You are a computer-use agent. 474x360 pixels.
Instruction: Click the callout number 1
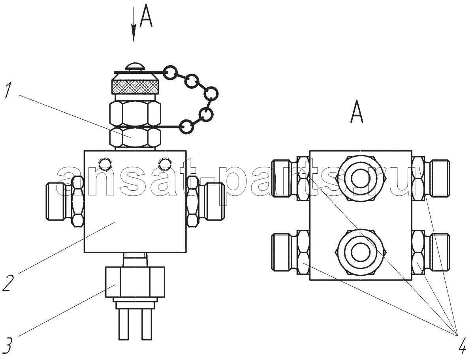(x=8, y=90)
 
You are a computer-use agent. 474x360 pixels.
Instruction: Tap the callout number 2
(x=8, y=282)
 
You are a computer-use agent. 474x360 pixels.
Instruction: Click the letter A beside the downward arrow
(x=146, y=15)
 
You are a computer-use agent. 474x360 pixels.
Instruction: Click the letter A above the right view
(x=357, y=111)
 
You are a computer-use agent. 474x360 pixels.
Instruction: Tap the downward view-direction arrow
(x=134, y=24)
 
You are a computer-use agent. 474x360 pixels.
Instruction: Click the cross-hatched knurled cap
(x=135, y=87)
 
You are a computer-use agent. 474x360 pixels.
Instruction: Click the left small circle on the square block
(x=105, y=164)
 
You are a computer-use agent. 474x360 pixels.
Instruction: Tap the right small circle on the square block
(x=165, y=164)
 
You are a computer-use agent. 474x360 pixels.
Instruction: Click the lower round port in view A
(x=361, y=252)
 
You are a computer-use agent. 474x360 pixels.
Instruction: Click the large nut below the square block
(x=135, y=282)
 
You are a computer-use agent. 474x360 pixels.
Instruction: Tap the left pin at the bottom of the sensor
(x=124, y=325)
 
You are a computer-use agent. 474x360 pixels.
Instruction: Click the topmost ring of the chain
(x=170, y=73)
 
